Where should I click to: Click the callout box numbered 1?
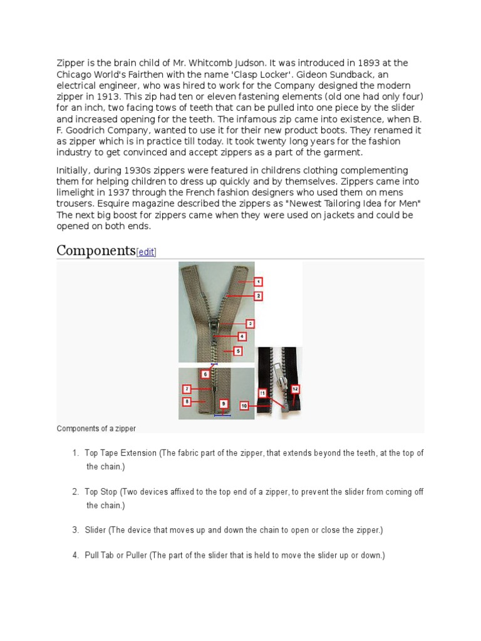coord(258,282)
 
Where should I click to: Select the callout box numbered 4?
coord(242,336)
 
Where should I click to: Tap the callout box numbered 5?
coord(238,351)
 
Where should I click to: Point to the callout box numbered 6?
coord(205,374)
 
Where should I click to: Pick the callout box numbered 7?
coord(187,389)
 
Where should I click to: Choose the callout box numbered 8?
coord(187,401)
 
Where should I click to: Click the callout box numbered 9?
coord(224,404)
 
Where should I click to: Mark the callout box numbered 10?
coord(244,406)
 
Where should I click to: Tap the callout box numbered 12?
coord(295,389)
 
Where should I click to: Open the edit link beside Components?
coord(146,252)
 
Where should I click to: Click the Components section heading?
coord(96,251)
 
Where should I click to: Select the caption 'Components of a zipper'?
coord(96,429)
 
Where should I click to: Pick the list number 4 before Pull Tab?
coord(75,555)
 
